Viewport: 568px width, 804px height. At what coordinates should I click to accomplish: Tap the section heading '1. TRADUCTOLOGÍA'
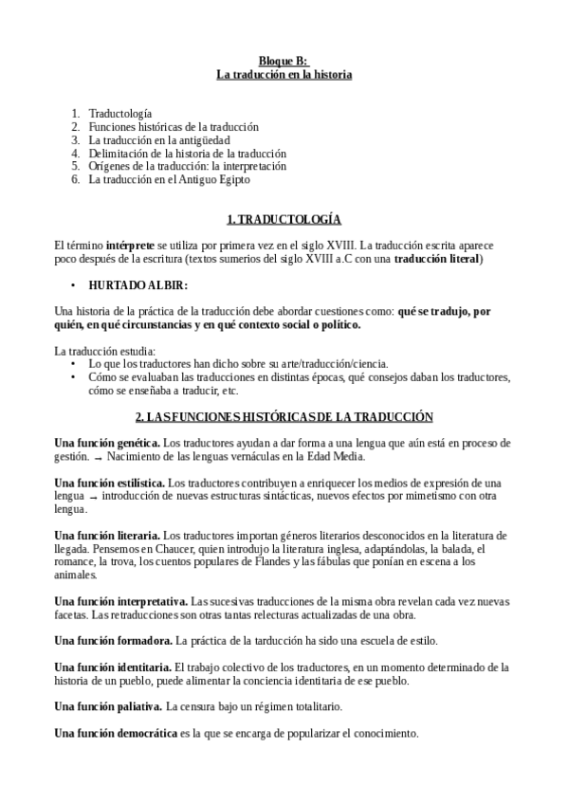(x=284, y=219)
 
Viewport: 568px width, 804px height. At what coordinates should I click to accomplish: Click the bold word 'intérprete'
(x=134, y=245)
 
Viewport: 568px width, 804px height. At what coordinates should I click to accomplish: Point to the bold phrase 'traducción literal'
(x=438, y=258)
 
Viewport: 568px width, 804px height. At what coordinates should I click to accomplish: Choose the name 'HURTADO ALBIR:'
(x=137, y=284)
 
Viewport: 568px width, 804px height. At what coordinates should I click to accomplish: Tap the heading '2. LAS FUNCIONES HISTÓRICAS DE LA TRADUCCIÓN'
(x=284, y=416)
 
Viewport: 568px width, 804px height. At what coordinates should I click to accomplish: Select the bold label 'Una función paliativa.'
(x=107, y=707)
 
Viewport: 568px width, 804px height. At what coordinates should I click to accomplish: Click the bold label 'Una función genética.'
(x=106, y=443)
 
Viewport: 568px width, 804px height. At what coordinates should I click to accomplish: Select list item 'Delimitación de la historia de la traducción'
(x=187, y=153)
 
